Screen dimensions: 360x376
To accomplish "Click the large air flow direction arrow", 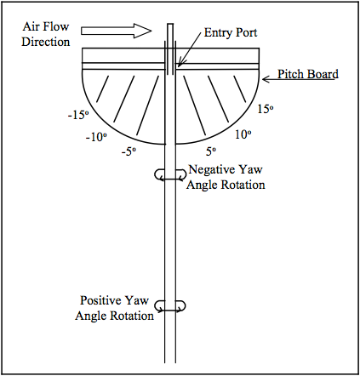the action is (117, 31).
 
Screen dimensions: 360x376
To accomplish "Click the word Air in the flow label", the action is (30, 26).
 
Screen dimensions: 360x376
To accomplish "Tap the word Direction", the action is (46, 42).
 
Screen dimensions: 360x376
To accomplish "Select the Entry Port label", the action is (231, 32).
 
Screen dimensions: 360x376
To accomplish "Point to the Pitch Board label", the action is (308, 74).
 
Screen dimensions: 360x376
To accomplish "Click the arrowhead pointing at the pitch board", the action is (265, 79).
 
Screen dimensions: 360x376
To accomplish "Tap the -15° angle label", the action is (78, 115).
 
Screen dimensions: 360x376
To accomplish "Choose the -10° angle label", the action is (96, 137).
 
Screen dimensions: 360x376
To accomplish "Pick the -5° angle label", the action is (129, 151).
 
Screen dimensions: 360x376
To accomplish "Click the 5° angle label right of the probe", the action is (211, 151).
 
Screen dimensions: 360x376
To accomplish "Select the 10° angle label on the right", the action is (243, 134).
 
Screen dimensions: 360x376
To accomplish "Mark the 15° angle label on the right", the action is (266, 109).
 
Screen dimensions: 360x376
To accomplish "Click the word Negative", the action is (212, 169).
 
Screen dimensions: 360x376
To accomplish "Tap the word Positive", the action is (102, 300).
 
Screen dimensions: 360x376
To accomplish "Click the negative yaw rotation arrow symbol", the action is (170, 174).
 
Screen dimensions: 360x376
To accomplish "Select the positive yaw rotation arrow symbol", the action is (170, 306).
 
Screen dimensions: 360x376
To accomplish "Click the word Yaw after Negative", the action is (250, 169).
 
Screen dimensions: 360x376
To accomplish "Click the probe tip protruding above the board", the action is (170, 32).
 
